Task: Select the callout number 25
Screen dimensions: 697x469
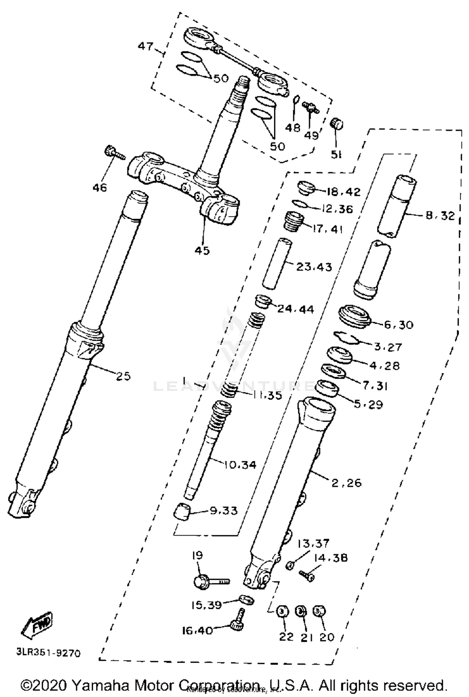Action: (x=123, y=376)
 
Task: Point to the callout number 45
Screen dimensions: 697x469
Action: (x=202, y=251)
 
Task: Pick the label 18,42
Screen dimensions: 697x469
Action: (x=343, y=192)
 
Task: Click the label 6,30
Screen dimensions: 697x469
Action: (x=398, y=325)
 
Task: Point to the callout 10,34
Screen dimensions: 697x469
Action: (x=240, y=465)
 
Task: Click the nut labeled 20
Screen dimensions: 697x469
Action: (x=319, y=610)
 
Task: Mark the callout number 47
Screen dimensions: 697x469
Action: (x=146, y=47)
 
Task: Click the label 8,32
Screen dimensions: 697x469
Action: (x=440, y=215)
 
